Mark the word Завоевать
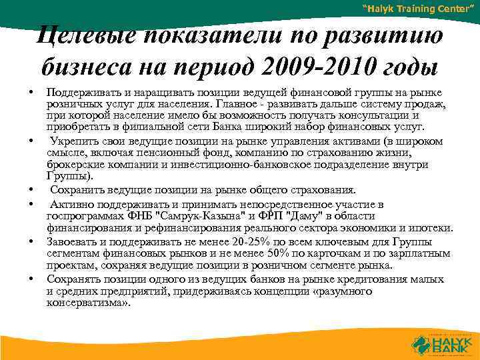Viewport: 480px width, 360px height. (x=70, y=241)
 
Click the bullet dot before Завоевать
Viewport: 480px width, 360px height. (x=31, y=241)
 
